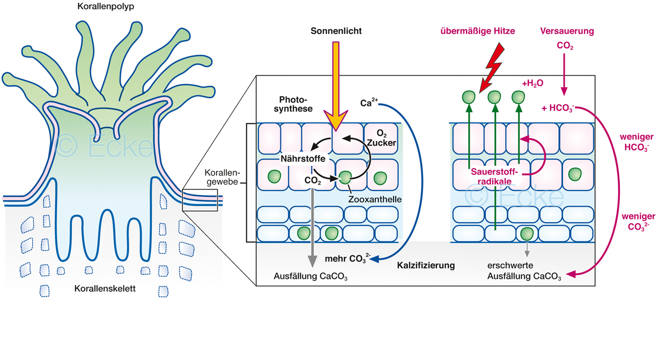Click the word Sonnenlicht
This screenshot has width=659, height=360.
point(336,31)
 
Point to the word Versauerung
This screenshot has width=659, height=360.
point(567,31)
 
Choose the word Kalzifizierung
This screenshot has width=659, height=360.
point(426,265)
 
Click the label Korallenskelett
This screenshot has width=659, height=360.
point(105,289)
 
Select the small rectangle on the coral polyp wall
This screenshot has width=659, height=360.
point(200,199)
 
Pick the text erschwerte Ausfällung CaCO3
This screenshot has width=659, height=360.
point(524,271)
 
